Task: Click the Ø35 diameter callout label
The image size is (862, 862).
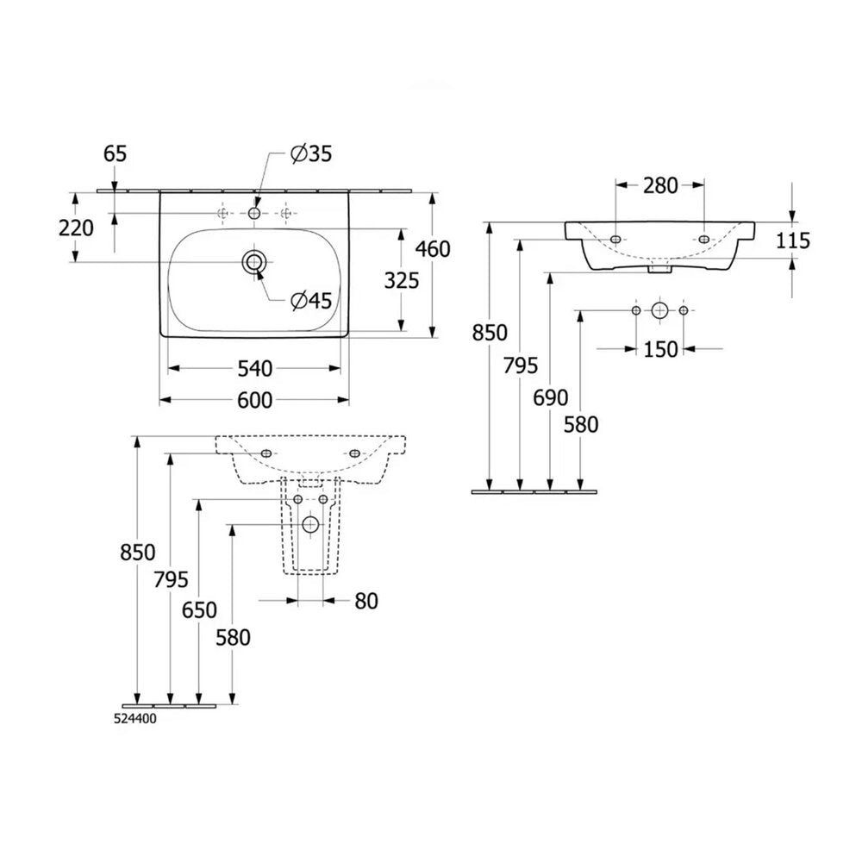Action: pyautogui.click(x=311, y=154)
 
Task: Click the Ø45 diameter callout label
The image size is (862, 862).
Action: pyautogui.click(x=312, y=300)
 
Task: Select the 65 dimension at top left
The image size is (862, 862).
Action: pyautogui.click(x=115, y=154)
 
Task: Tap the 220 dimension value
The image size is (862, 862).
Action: pyautogui.click(x=76, y=228)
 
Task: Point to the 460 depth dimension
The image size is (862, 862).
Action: pyautogui.click(x=433, y=249)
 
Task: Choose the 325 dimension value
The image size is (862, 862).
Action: pyautogui.click(x=402, y=280)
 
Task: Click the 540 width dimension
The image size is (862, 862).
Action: pyautogui.click(x=254, y=368)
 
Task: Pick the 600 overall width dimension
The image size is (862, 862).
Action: pyautogui.click(x=254, y=400)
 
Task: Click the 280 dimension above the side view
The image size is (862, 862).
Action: pyautogui.click(x=660, y=186)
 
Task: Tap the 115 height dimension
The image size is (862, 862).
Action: pyautogui.click(x=793, y=240)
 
